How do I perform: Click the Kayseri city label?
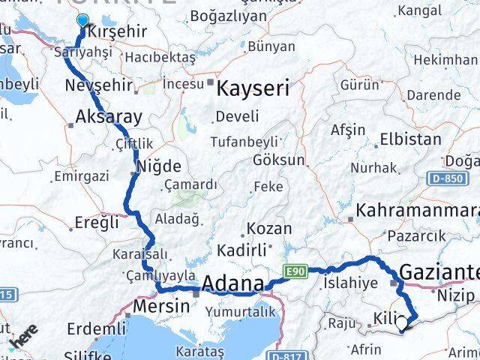[252, 89]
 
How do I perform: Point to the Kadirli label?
[242, 250]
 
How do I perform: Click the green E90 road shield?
[293, 271]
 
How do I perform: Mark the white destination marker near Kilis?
[403, 324]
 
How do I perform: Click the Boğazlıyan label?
[229, 15]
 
